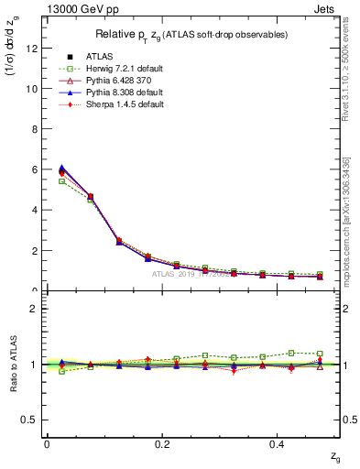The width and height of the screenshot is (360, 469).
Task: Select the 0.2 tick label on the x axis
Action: click(x=162, y=443)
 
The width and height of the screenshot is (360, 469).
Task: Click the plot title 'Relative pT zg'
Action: click(x=192, y=34)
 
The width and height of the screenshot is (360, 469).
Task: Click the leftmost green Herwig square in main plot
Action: click(x=62, y=181)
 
